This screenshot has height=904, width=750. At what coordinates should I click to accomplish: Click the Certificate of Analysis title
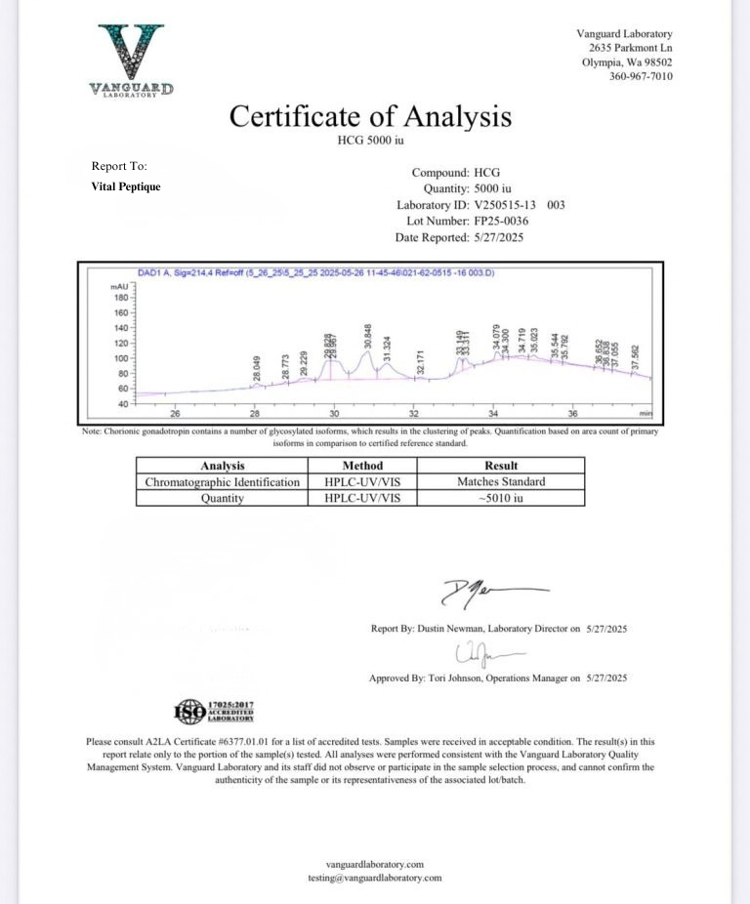(370, 117)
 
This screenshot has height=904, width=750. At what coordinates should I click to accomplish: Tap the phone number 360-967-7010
(641, 77)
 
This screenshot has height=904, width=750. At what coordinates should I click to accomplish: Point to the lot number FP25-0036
(501, 222)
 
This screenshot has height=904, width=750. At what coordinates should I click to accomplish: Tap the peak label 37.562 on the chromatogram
(636, 356)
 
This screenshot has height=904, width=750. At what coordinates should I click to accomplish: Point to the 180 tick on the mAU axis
(121, 298)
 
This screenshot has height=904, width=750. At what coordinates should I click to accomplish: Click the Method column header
(363, 466)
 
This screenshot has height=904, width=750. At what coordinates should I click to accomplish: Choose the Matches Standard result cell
(501, 481)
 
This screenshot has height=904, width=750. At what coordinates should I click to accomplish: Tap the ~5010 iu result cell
(501, 498)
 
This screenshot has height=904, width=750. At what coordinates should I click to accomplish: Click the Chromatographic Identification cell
(222, 481)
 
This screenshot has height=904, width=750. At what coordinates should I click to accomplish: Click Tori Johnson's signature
(484, 652)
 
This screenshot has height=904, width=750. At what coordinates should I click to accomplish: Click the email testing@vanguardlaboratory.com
(375, 879)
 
